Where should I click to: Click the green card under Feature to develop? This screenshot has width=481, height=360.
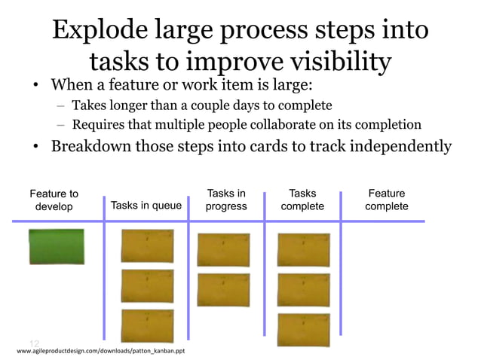(x=57, y=246)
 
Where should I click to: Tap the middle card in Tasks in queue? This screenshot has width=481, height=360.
(x=147, y=286)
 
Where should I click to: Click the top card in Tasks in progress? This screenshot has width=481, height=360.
(x=223, y=250)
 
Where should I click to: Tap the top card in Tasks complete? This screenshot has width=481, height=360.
(x=303, y=250)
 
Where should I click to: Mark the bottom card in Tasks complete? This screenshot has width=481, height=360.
(x=303, y=330)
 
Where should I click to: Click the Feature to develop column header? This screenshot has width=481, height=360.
(x=54, y=200)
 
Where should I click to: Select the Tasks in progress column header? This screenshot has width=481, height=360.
(x=226, y=200)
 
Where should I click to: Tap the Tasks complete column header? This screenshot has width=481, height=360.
(x=303, y=200)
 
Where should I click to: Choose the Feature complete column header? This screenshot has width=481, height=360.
(x=387, y=200)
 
